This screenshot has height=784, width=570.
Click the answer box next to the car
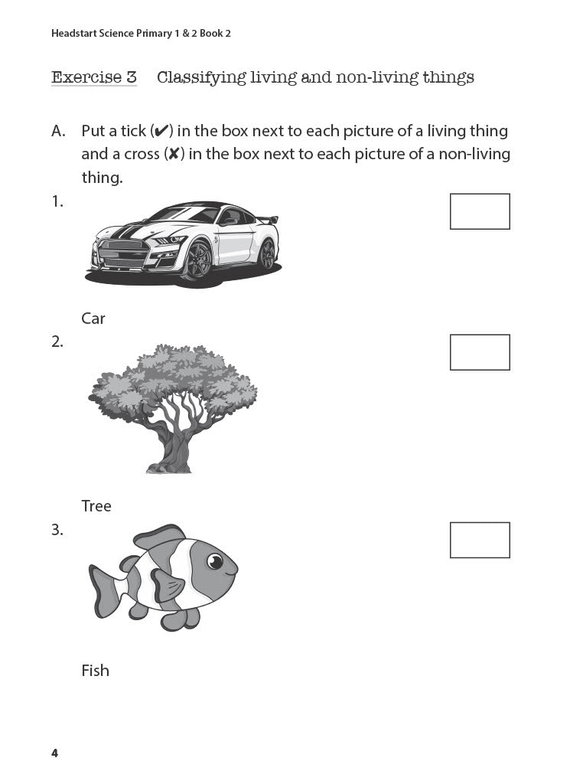pyautogui.click(x=480, y=211)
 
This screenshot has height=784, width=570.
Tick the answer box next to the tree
pyautogui.click(x=480, y=352)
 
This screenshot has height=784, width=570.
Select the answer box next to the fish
pyautogui.click(x=480, y=540)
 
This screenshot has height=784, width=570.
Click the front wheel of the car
pyautogui.click(x=198, y=260)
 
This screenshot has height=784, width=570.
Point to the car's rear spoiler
pyautogui.click(x=268, y=220)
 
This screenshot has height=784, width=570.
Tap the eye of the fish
pyautogui.click(x=215, y=563)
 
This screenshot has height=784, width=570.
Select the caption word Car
pyautogui.click(x=93, y=318)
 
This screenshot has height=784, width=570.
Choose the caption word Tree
pyautogui.click(x=96, y=506)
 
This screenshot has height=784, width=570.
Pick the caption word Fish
pyautogui.click(x=96, y=671)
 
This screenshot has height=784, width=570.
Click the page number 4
pyautogui.click(x=54, y=753)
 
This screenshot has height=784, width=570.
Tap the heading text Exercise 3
pyautogui.click(x=93, y=77)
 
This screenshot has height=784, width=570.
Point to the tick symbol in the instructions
pyautogui.click(x=161, y=132)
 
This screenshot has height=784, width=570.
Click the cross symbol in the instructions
pyautogui.click(x=174, y=155)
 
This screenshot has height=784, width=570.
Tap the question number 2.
pyautogui.click(x=57, y=342)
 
